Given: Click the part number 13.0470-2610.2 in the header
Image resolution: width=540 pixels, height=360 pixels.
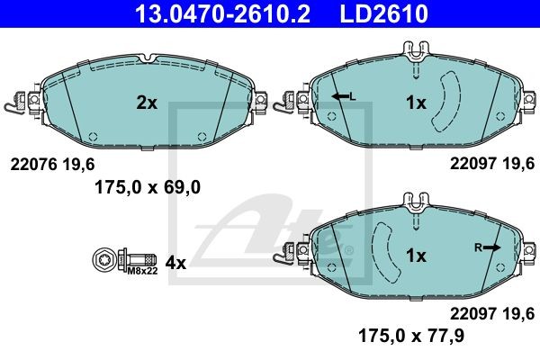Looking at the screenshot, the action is [x=222, y=13].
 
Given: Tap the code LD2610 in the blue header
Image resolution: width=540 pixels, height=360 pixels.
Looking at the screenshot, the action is [x=384, y=13].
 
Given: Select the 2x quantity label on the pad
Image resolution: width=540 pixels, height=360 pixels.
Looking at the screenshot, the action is [x=147, y=103].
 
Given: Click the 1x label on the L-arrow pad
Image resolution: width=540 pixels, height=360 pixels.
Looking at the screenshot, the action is [x=416, y=103].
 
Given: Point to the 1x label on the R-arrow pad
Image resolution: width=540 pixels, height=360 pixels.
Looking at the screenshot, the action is [x=416, y=256].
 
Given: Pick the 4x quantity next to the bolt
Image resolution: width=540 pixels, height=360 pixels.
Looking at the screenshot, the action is [x=175, y=263].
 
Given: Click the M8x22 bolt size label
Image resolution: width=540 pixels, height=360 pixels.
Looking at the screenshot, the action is [x=142, y=271].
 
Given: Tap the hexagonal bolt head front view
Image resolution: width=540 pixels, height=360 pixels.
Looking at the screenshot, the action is [x=103, y=259].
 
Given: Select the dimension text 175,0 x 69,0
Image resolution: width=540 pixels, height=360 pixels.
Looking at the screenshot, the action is [x=148, y=188].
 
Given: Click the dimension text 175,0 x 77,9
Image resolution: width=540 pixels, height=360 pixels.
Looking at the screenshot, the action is [x=411, y=335].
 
